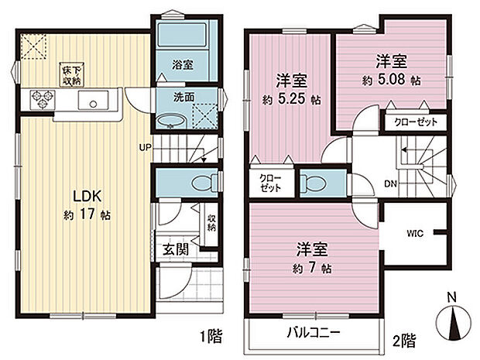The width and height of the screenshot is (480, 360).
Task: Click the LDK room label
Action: (x=85, y=195)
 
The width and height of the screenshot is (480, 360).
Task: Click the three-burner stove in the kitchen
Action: (x=42, y=99)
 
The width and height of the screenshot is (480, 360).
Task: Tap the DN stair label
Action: (x=390, y=183)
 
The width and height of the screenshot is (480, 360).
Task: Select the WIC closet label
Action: (x=414, y=231)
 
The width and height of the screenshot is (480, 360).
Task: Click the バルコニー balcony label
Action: (x=316, y=334)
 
